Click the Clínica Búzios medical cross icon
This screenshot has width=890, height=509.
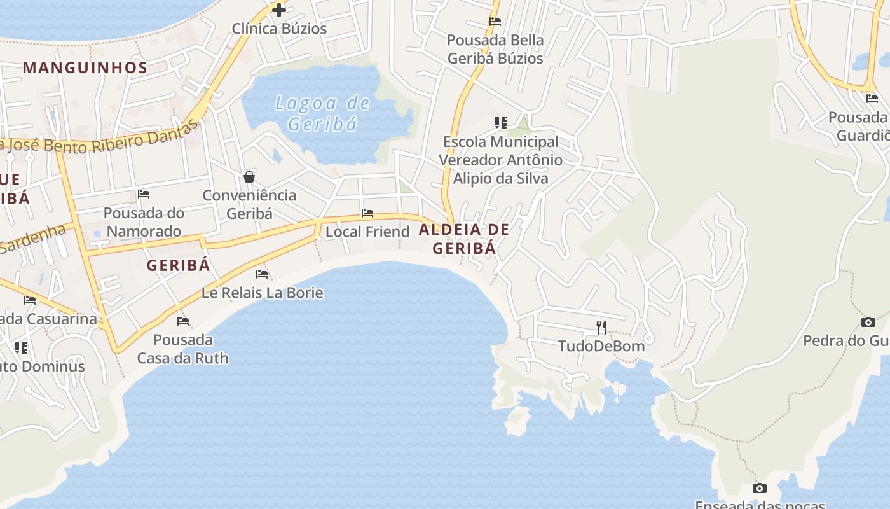click(x=278, y=10)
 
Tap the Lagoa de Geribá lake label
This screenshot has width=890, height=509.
click(x=323, y=113)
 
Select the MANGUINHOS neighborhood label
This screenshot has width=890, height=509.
click(x=85, y=67)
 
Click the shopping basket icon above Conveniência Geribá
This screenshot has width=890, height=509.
click(x=249, y=177)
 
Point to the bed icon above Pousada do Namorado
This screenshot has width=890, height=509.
click(x=144, y=194)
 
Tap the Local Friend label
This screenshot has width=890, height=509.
click(x=367, y=232)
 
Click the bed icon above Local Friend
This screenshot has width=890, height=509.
click(x=367, y=213)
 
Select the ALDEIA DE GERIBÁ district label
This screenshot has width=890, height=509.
click(x=464, y=239)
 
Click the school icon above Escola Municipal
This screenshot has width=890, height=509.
click(x=501, y=123)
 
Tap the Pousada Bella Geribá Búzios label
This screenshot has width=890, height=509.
click(x=495, y=49)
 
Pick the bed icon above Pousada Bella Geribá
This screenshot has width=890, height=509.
click(x=495, y=22)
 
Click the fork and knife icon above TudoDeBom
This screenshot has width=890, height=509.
click(x=601, y=328)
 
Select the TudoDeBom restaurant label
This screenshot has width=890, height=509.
click(x=601, y=346)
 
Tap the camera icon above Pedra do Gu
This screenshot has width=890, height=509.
click(x=868, y=322)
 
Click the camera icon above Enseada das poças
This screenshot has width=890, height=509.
click(x=759, y=489)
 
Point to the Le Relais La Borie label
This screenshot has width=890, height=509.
click(x=262, y=293)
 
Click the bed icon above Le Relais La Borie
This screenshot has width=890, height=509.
click(x=262, y=274)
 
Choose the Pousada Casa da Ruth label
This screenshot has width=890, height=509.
click(x=183, y=349)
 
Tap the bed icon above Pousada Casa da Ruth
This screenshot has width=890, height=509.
click(x=183, y=321)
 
